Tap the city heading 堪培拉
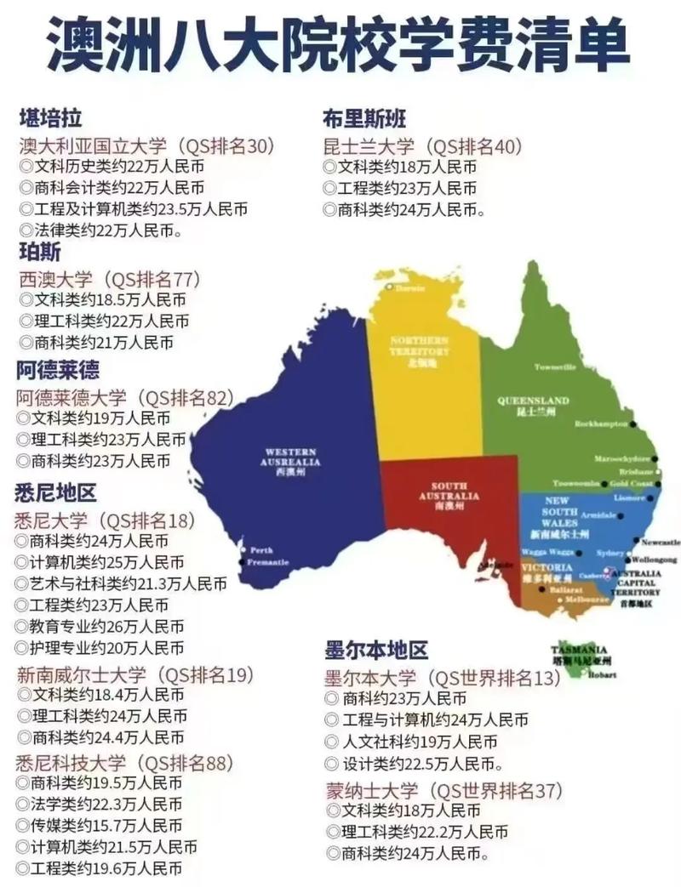tap(50, 118)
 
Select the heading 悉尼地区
tap(55, 492)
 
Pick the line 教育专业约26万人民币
tap(107, 627)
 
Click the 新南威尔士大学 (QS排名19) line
tap(136, 675)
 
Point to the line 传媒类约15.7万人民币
tap(106, 826)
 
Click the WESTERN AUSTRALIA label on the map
tap(291, 458)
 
